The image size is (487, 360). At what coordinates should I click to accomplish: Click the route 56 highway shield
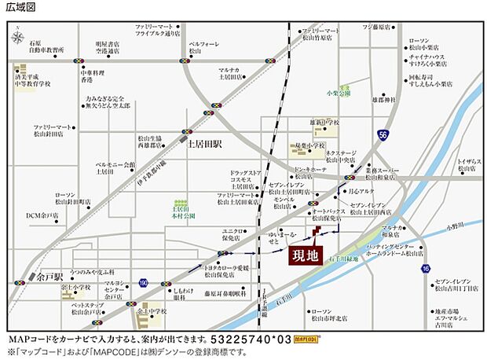pyautogui.click(x=382, y=134)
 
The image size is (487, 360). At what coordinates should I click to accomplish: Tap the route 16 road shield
pyautogui.click(x=425, y=268)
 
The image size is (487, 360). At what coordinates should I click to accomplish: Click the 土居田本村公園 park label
pyautogui.click(x=181, y=209)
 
